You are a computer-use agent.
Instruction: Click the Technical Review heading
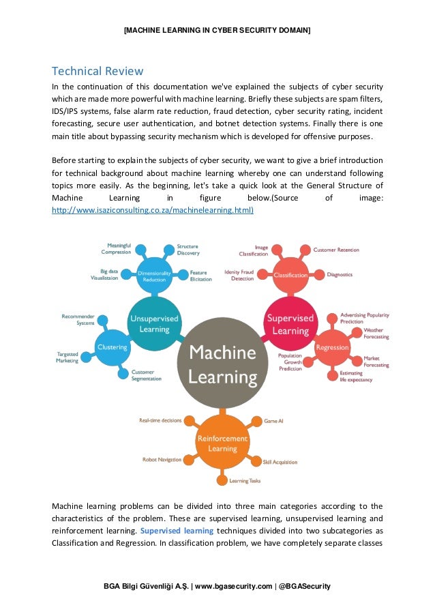[x=97, y=71]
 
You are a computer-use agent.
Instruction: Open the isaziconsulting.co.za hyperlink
[x=153, y=210]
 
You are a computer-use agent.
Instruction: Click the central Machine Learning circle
[x=222, y=364]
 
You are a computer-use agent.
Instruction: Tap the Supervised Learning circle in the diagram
[x=289, y=323]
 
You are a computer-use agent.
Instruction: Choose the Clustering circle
[x=112, y=347]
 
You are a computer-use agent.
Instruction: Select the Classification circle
[x=290, y=275]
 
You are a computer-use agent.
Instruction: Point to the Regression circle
[x=332, y=347]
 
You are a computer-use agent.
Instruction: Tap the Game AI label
[x=273, y=421]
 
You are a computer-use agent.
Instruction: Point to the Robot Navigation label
[x=162, y=460]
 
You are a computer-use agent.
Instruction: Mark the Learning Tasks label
[x=245, y=481]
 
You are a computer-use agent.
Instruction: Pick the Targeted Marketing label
[x=67, y=357]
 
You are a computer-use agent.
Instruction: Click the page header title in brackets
[x=217, y=31]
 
